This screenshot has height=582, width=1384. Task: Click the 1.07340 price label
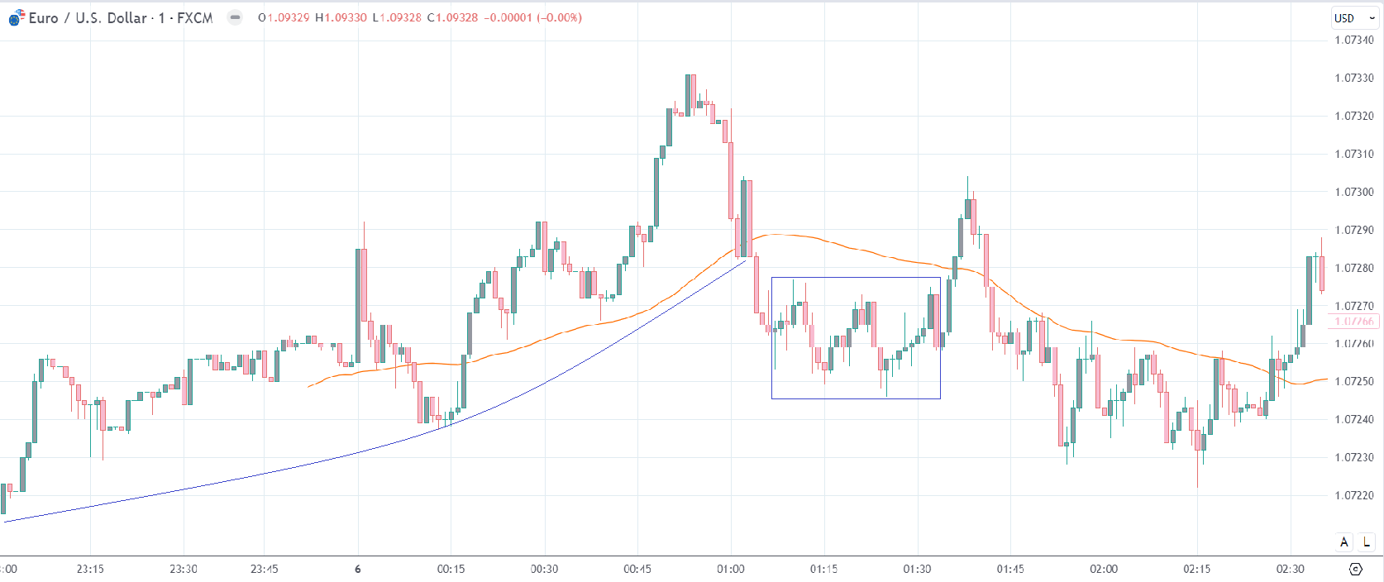[x=1353, y=40]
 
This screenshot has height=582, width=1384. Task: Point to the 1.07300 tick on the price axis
[x=1353, y=192]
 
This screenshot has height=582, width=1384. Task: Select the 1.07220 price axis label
[x=1353, y=495]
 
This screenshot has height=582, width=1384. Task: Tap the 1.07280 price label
[x=1353, y=268]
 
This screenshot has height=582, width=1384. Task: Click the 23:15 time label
[x=90, y=569]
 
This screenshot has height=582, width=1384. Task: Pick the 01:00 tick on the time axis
[x=730, y=569]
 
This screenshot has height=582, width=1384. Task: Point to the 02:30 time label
[x=1290, y=569]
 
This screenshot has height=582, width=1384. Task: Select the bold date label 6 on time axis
[x=357, y=569]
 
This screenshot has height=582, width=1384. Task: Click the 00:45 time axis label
[x=637, y=569]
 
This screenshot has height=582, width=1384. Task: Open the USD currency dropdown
[x=1353, y=18]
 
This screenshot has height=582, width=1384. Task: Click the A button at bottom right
[x=1343, y=542]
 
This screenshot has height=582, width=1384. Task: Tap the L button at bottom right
[x=1367, y=542]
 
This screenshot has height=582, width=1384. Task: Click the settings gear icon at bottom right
[x=1355, y=569]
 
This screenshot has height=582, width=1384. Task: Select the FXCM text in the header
[x=194, y=17]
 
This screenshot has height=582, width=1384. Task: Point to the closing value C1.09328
[x=452, y=17]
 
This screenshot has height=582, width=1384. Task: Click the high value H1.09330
[x=341, y=17]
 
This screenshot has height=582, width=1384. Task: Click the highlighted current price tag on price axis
[x=1354, y=322]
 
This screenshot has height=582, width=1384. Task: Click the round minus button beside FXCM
[x=236, y=17]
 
